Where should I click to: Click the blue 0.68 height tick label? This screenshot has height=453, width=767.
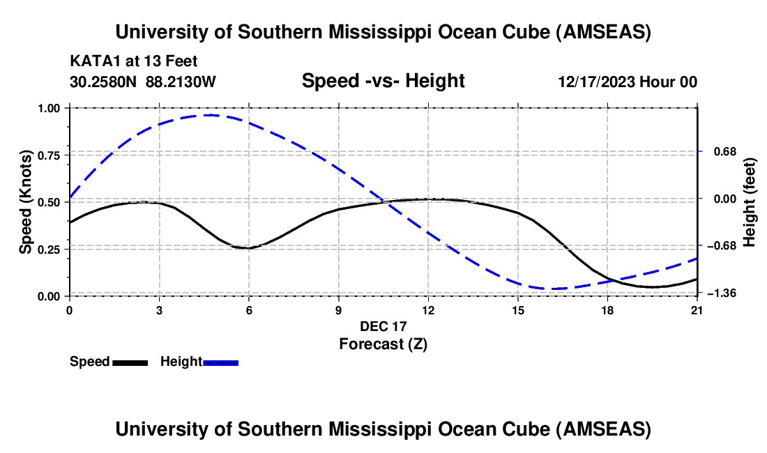tap(720, 151)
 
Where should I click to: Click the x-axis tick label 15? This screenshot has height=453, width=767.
tap(518, 310)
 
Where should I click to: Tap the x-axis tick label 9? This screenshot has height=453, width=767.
tap(338, 310)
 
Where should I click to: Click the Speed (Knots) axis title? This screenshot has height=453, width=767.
tap(26, 202)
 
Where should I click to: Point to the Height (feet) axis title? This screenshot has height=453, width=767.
tap(750, 202)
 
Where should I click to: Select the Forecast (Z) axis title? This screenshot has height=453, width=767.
tap(383, 344)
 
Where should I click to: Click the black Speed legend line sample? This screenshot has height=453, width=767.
tap(130, 362)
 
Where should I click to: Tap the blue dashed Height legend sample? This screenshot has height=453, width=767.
tap(220, 362)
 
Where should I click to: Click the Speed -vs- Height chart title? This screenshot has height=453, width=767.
tap(383, 81)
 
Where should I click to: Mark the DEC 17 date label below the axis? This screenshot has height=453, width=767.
tap(383, 326)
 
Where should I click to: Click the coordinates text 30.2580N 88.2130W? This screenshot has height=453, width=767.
tap(143, 82)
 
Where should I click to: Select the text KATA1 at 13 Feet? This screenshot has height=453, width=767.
tap(138, 61)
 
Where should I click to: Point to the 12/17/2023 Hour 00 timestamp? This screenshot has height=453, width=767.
tap(628, 82)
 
